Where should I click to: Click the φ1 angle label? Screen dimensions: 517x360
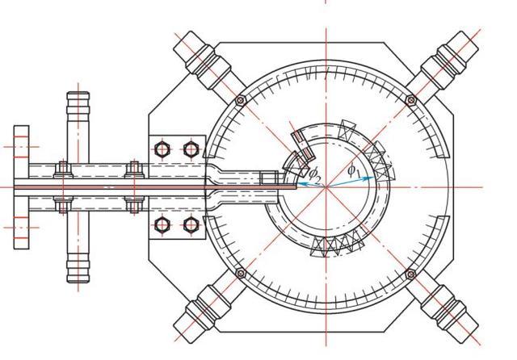[x=354, y=171]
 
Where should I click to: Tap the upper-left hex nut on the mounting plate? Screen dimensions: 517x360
[x=162, y=149]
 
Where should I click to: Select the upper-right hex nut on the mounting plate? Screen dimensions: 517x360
[x=191, y=149]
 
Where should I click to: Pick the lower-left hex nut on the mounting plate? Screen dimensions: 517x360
[x=162, y=225]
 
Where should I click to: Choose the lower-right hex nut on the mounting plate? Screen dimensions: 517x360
[x=191, y=225]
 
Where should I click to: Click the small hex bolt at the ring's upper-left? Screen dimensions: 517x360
[x=241, y=100]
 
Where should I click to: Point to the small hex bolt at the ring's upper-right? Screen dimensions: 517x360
[x=411, y=100]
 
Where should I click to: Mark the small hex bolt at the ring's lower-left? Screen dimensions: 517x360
[x=241, y=273]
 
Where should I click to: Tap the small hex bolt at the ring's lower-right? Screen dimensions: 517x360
[x=410, y=274]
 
